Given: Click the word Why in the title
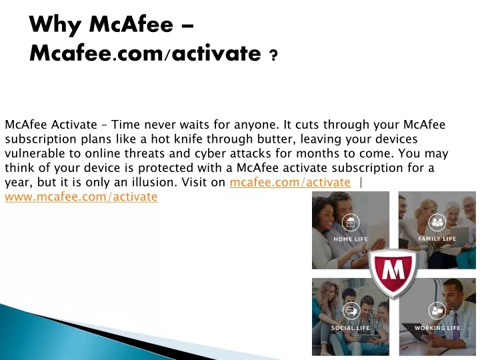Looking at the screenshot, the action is [55, 24].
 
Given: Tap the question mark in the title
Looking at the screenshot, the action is [273, 55].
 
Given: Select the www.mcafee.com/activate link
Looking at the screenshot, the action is [81, 197].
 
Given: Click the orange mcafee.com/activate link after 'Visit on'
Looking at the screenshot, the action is [290, 182].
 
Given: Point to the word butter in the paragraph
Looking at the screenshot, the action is [276, 139].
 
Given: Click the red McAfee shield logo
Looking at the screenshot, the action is [394, 273].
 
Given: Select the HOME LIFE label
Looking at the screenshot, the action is [351, 239].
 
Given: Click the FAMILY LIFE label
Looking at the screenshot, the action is [437, 239].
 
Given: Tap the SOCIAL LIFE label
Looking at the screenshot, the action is [350, 328].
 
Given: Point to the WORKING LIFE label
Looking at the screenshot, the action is [437, 328].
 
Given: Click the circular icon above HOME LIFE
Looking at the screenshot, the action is [351, 223].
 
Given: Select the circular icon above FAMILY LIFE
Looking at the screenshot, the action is [437, 222].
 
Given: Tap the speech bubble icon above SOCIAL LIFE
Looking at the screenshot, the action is [351, 311].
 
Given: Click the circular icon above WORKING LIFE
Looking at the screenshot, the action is [437, 311].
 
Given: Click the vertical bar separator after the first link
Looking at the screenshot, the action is [361, 183].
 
